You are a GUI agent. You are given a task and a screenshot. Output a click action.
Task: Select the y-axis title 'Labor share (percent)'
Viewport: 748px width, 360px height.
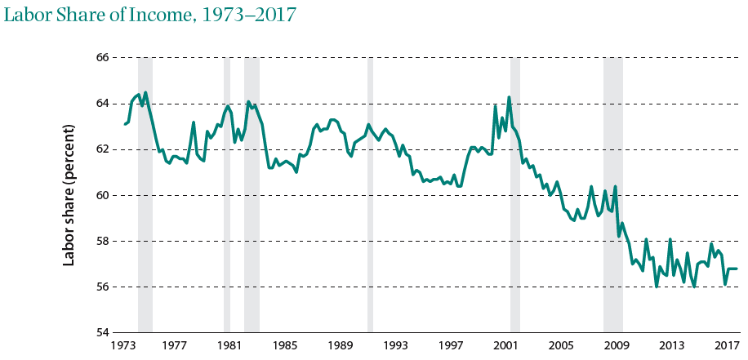coord(70,195)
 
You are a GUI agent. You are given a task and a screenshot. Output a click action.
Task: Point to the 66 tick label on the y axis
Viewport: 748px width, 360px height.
coord(102,58)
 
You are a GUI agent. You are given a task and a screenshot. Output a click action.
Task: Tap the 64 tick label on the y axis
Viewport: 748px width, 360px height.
coord(102,104)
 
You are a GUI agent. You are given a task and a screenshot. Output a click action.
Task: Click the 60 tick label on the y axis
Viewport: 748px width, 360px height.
coord(102,195)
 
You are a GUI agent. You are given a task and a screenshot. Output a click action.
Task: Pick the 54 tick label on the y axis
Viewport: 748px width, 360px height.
coord(102,332)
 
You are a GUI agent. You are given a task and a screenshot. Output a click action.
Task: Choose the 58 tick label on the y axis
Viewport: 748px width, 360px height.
coord(102,241)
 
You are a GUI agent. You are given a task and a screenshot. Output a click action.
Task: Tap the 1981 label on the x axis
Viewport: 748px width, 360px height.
coord(229,345)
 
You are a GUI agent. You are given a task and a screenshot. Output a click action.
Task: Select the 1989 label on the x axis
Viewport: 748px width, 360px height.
coord(341,345)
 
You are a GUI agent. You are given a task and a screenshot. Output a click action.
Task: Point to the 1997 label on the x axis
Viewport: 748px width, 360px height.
coord(452,345)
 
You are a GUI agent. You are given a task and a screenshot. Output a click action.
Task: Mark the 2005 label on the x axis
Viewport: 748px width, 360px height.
coord(562,345)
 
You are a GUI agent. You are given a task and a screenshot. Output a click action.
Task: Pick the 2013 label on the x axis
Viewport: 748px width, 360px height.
coord(672,345)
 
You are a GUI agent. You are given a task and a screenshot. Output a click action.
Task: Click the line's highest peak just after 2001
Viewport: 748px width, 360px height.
coord(510,98)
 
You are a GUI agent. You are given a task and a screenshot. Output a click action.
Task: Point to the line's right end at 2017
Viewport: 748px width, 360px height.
coord(737,269)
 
